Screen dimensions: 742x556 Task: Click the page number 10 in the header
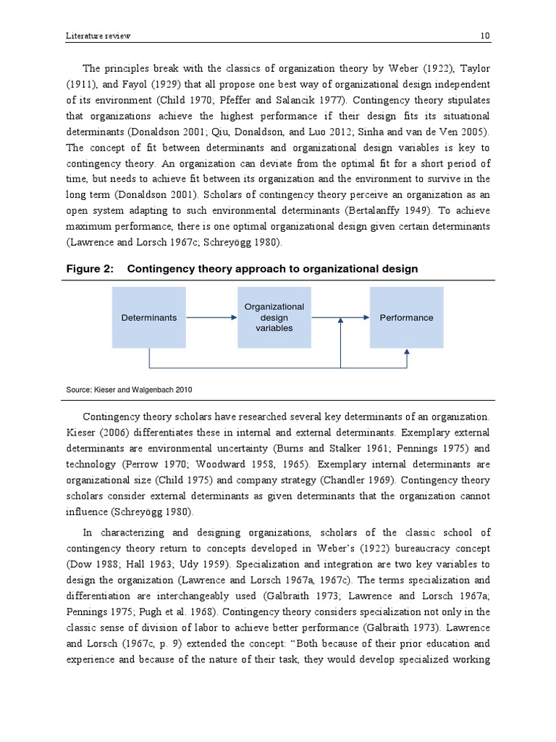click(485, 36)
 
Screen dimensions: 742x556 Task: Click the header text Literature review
click(98, 36)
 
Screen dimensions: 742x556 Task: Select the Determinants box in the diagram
click(148, 317)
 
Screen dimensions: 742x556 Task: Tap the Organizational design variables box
click(274, 317)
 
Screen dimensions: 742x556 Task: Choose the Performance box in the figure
click(406, 317)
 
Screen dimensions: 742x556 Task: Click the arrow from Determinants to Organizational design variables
click(211, 317)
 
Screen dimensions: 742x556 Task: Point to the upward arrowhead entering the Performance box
click(407, 353)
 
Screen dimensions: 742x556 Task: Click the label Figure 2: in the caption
click(90, 269)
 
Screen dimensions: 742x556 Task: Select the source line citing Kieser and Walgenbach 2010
click(129, 390)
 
